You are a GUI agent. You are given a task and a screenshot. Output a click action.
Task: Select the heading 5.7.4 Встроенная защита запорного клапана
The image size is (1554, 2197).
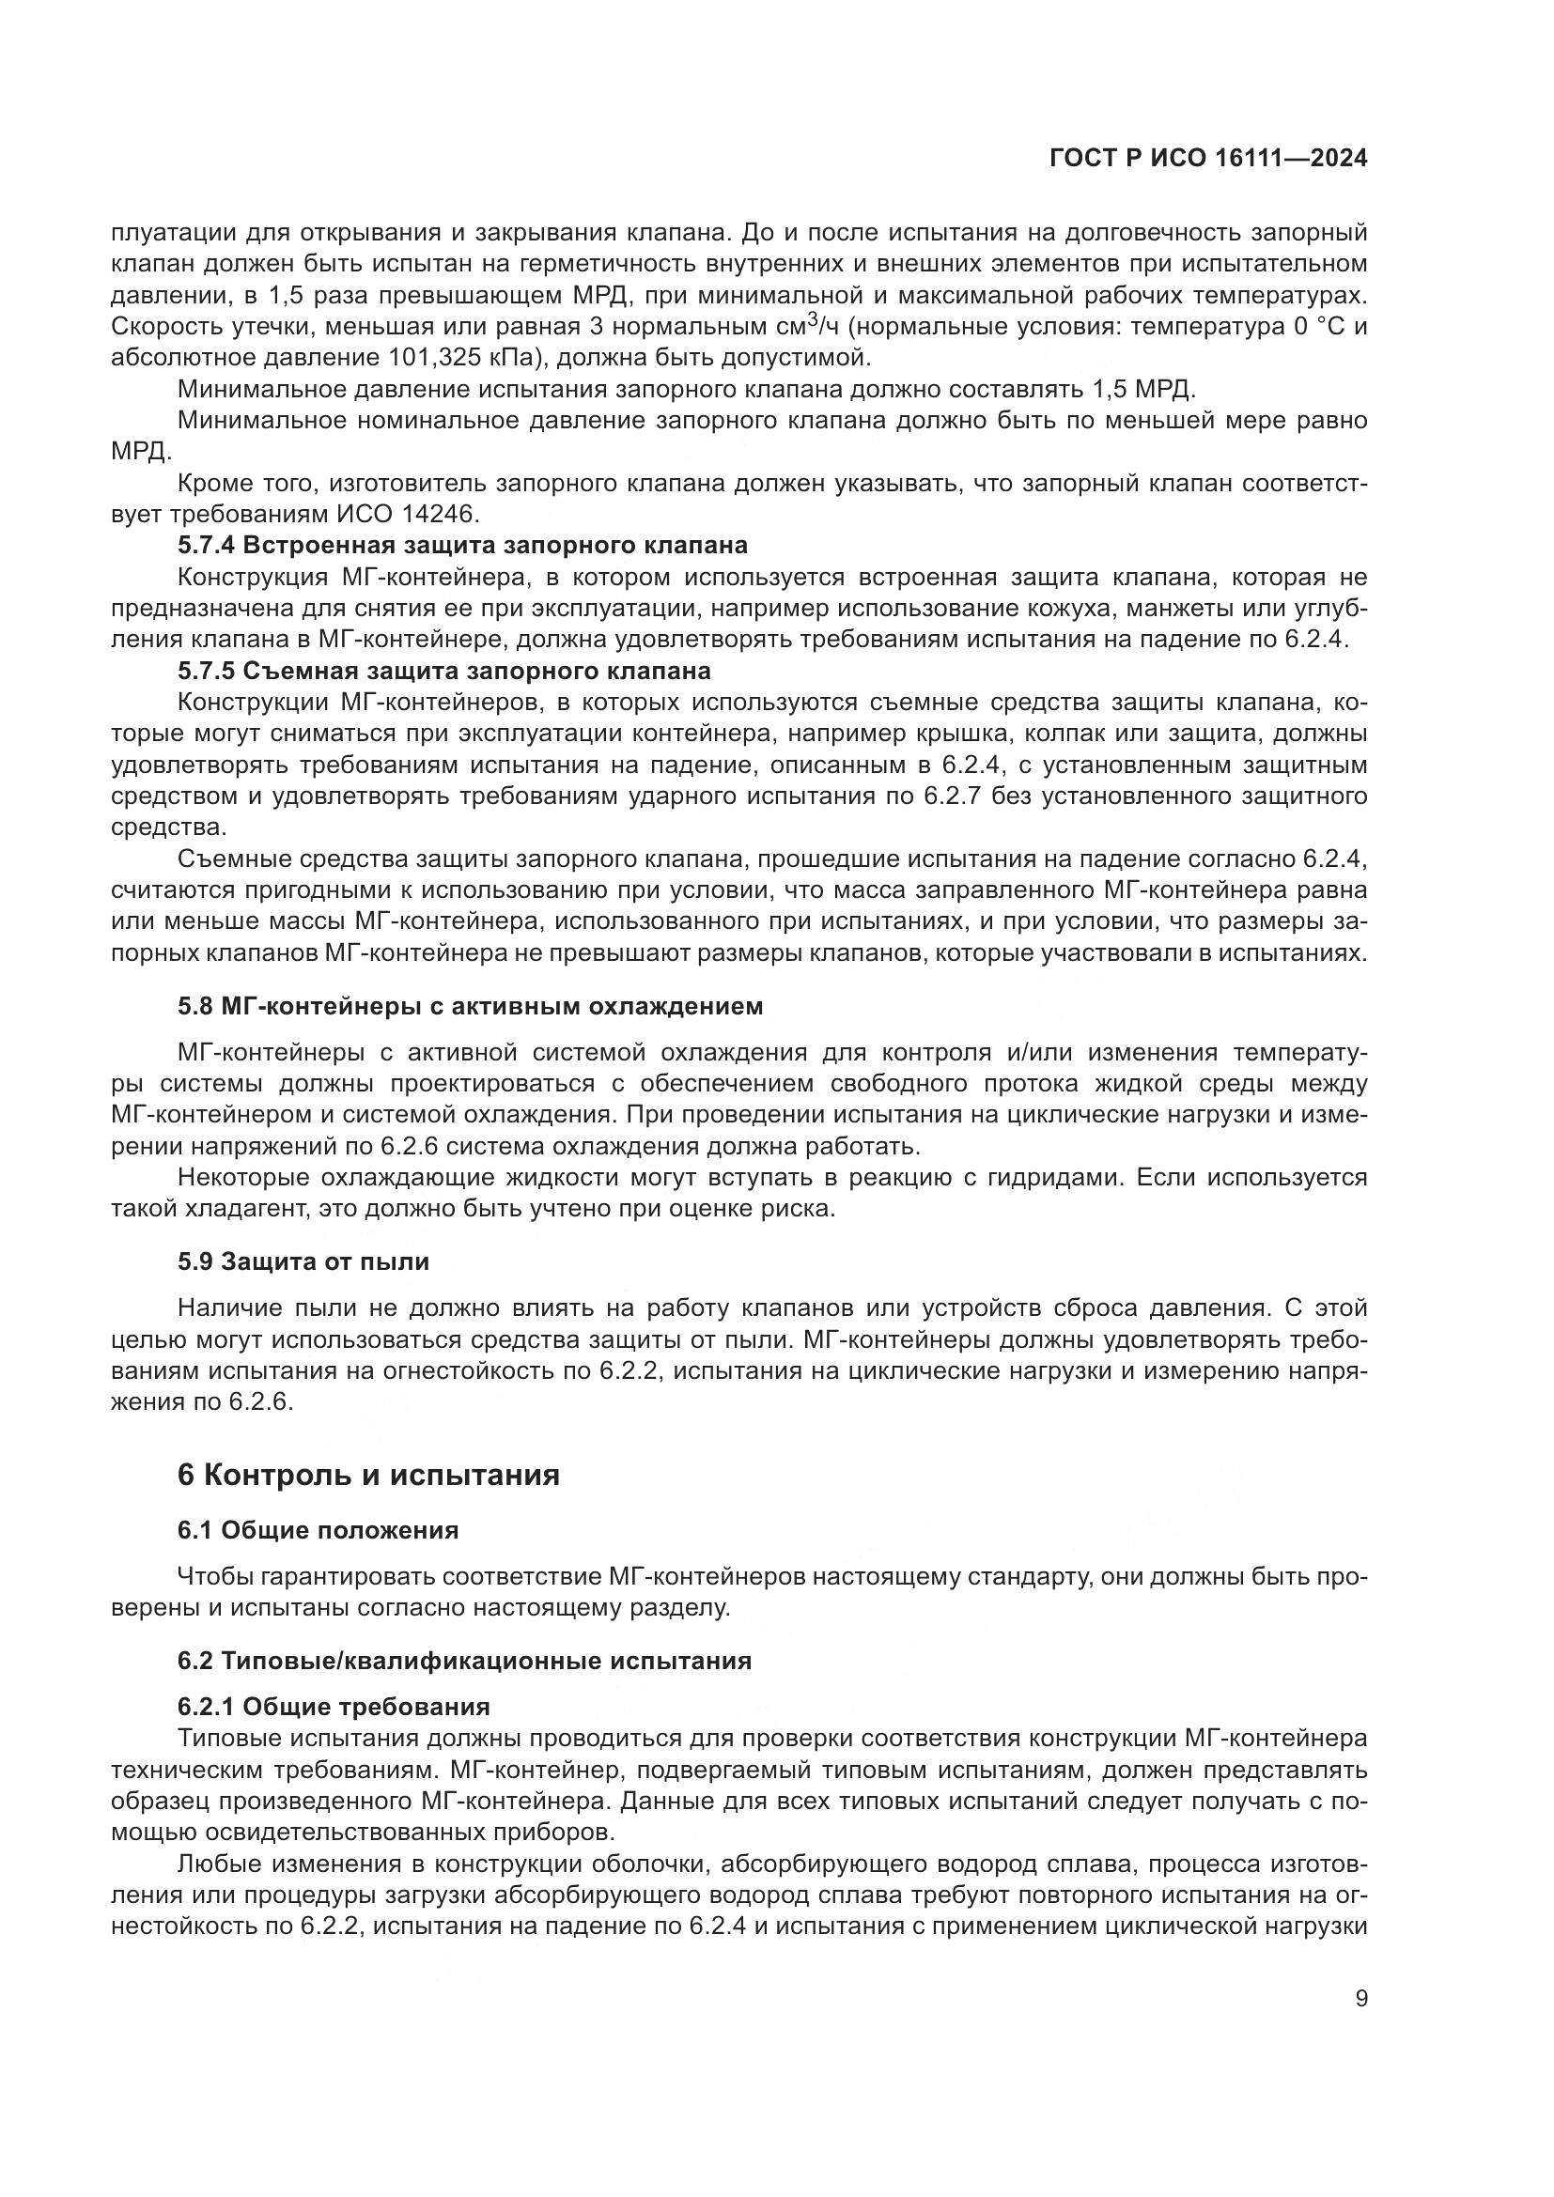(x=462, y=546)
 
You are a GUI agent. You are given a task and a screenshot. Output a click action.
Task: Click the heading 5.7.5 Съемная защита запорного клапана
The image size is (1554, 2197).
(x=444, y=670)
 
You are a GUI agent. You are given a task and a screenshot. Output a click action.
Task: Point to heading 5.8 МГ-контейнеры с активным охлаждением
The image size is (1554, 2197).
(x=470, y=1006)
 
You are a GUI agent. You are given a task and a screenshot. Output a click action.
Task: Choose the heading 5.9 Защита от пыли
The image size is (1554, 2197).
(x=303, y=1261)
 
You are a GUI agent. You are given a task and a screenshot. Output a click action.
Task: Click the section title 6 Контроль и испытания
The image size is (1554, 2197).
(x=368, y=1475)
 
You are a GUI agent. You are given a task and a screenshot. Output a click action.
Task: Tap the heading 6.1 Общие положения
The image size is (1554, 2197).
(x=318, y=1530)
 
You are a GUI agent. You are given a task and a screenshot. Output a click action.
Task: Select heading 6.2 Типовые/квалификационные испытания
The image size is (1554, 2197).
(x=464, y=1660)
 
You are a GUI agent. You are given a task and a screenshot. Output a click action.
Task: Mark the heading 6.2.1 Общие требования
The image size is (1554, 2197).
(x=333, y=1706)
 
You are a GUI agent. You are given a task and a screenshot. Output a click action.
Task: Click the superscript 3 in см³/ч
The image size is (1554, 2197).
(x=812, y=319)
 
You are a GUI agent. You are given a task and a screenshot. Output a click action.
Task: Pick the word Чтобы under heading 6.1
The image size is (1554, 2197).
(x=211, y=1576)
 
